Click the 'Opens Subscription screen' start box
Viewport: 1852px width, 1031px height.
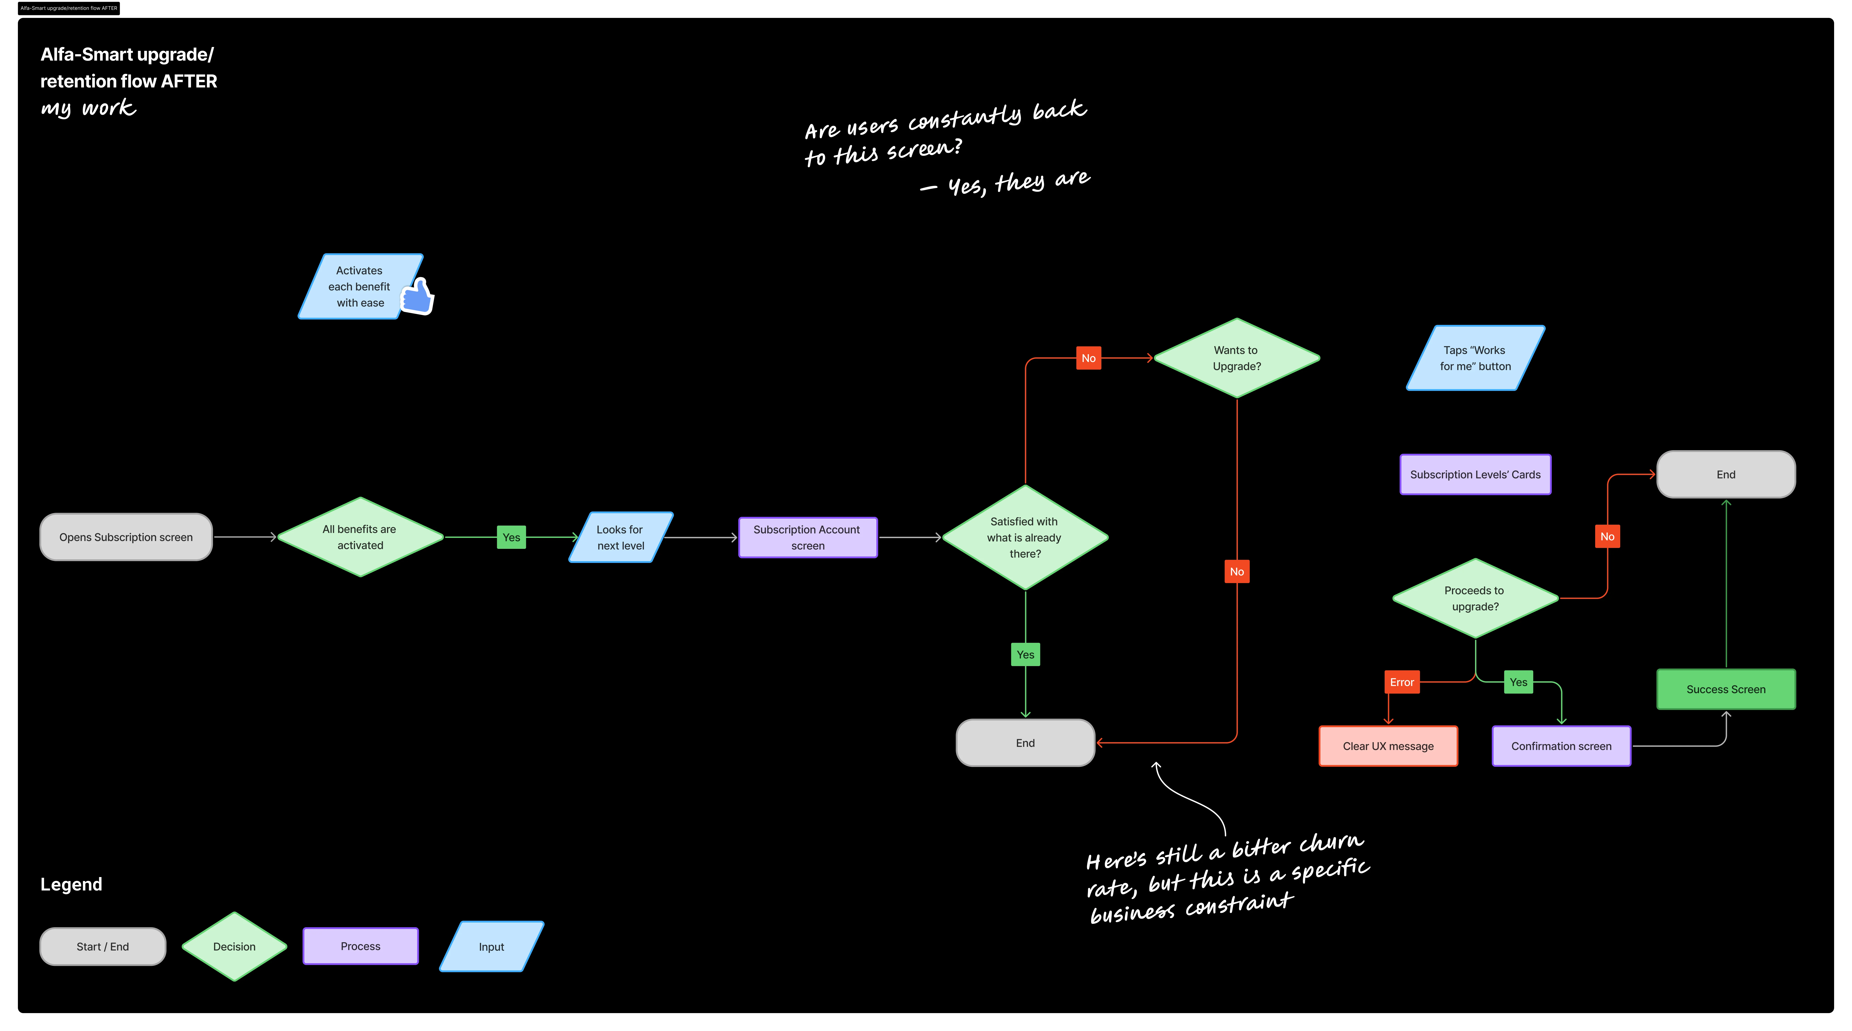(126, 537)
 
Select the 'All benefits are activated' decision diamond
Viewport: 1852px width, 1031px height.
(360, 537)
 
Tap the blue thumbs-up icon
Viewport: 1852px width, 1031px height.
(418, 296)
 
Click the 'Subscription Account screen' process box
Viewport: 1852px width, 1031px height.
(807, 537)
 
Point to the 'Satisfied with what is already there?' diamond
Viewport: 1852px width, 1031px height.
(1024, 537)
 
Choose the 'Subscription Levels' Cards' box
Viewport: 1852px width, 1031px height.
(1475, 475)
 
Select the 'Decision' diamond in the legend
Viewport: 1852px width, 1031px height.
(234, 946)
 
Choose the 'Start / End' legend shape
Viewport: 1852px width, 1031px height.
(103, 946)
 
